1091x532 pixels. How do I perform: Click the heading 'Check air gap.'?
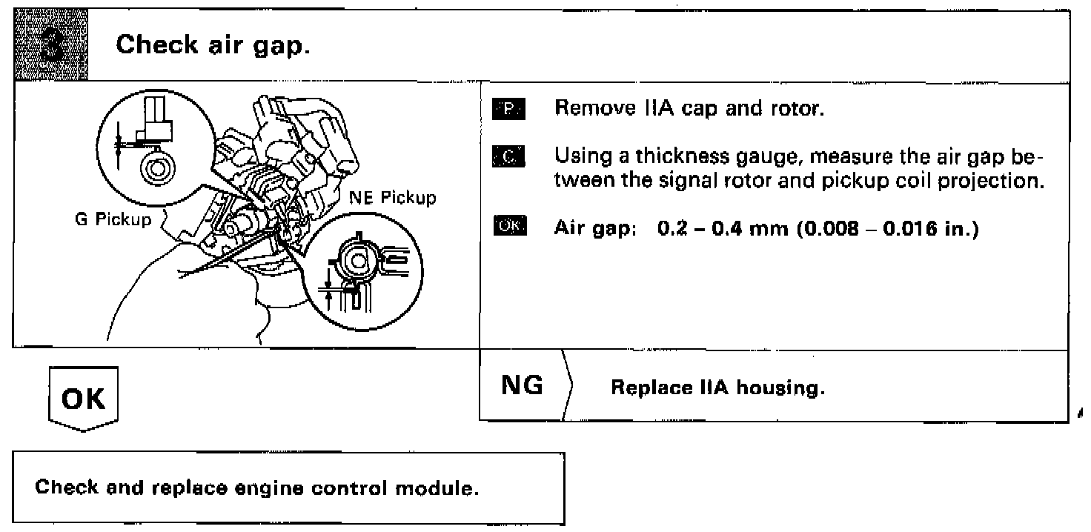tap(213, 46)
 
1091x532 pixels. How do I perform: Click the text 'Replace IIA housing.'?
tap(717, 388)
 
